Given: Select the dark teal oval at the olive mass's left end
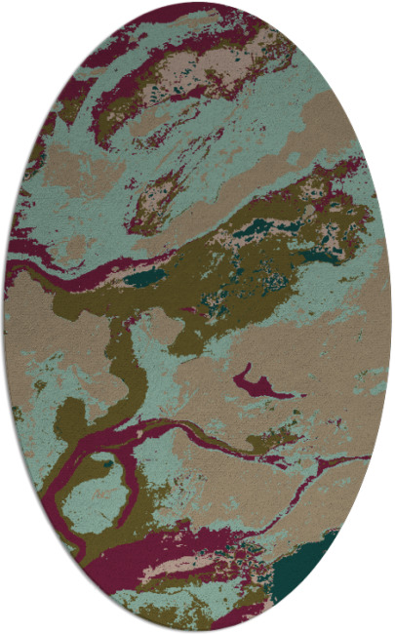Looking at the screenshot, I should [146, 277].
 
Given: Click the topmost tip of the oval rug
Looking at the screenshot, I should [198, 3].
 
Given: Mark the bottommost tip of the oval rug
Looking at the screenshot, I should [198, 631].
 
